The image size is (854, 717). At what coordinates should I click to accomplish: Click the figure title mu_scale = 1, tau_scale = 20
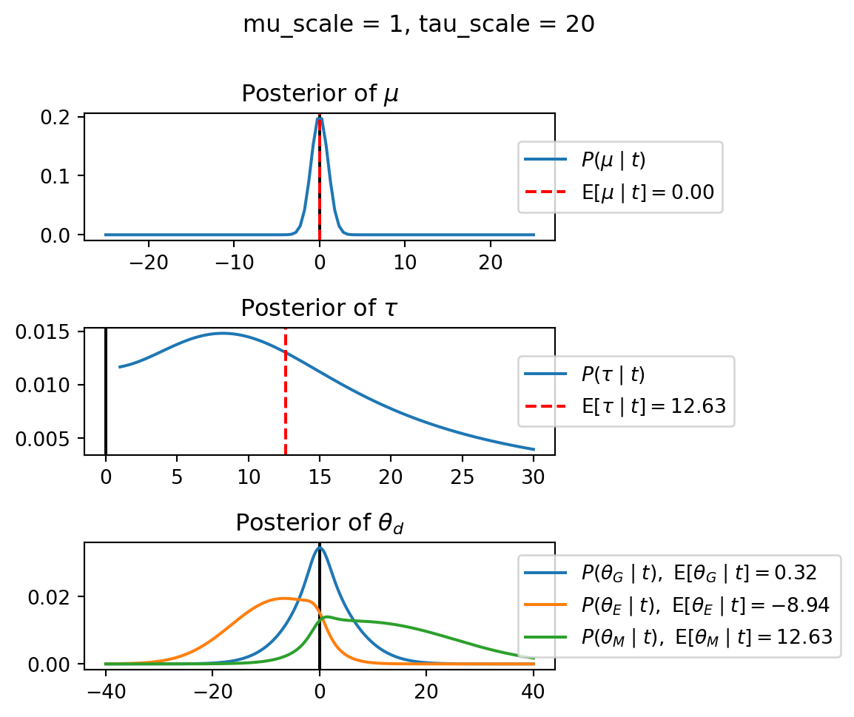coord(418,24)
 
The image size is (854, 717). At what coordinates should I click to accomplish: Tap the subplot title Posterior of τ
coord(320,308)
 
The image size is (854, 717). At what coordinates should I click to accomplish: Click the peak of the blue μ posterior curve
coord(320,118)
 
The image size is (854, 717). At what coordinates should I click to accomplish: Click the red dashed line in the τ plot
coord(286,392)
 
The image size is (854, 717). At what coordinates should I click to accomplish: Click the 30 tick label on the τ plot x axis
coord(534,474)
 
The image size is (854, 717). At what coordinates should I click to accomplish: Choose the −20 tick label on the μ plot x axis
coord(149,260)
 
